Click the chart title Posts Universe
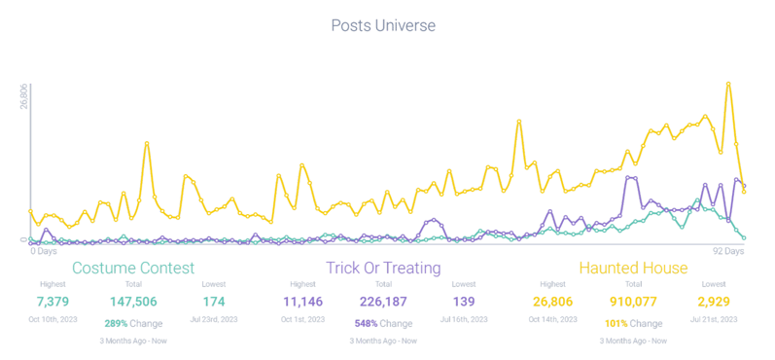[382, 24]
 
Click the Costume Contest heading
[133, 267]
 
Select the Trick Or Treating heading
[383, 267]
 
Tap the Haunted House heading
[633, 267]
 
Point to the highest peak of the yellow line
[728, 84]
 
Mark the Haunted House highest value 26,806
[553, 299]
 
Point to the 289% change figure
[117, 323]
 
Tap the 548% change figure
[366, 323]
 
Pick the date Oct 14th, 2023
[553, 317]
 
